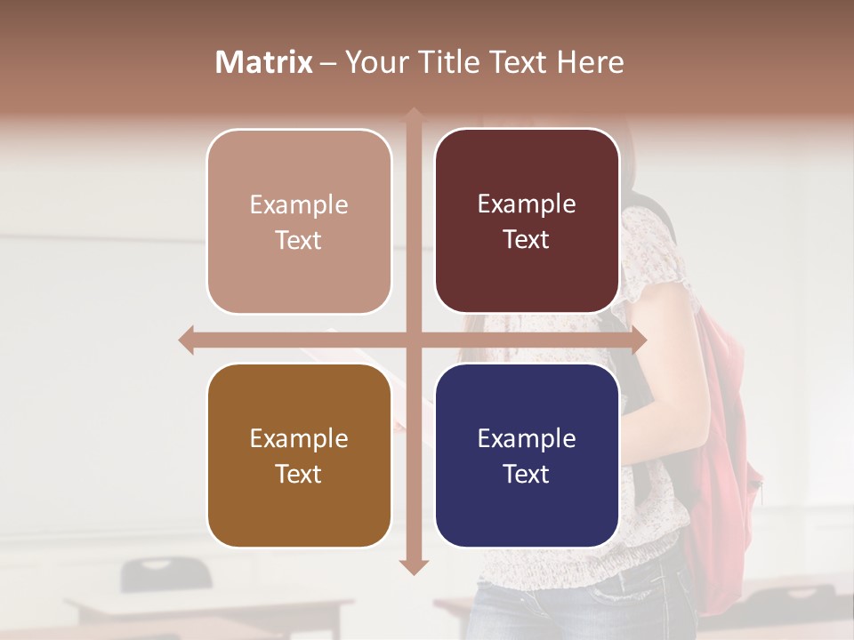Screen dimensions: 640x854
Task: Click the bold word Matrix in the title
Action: [x=264, y=62]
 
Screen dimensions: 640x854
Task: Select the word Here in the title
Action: [x=590, y=62]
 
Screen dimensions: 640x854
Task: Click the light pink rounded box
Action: [x=299, y=221]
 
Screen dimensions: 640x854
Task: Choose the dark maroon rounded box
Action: [x=527, y=221]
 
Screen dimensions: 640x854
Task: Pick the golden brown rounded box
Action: [x=299, y=455]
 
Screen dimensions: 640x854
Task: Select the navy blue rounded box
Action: [x=527, y=455]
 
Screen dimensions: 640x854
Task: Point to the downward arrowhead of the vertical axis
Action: [x=414, y=566]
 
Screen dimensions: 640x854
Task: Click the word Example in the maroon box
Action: [x=527, y=204]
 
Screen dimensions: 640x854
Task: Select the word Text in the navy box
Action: [x=527, y=474]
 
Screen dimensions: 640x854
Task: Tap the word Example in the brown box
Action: [x=299, y=438]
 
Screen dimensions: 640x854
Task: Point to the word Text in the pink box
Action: [x=299, y=240]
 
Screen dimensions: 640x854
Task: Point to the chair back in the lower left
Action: [x=165, y=573]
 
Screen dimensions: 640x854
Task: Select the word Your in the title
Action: [x=375, y=62]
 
